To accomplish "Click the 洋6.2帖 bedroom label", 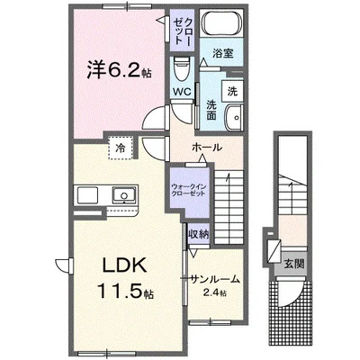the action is pyautogui.click(x=119, y=71).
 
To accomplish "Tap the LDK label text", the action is pyautogui.click(x=125, y=265).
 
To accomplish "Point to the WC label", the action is pyautogui.click(x=182, y=92).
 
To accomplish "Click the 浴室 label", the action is pyautogui.click(x=223, y=53).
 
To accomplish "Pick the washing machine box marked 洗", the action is pyautogui.click(x=232, y=91).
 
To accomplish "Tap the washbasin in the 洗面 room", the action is pyautogui.click(x=234, y=118).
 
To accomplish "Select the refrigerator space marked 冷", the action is pyautogui.click(x=121, y=148).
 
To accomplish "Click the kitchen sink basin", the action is pyautogui.click(x=124, y=194).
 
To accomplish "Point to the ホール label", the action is pyautogui.click(x=207, y=148).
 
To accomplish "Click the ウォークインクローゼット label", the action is pyautogui.click(x=188, y=190).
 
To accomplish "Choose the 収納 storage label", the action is pyautogui.click(x=198, y=234).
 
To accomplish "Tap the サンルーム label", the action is pyautogui.click(x=215, y=279).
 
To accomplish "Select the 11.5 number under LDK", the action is pyautogui.click(x=121, y=291).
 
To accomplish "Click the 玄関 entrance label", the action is pyautogui.click(x=294, y=264).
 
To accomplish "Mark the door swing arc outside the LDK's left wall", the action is pyautogui.click(x=62, y=264).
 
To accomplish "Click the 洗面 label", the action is pyautogui.click(x=211, y=111).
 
